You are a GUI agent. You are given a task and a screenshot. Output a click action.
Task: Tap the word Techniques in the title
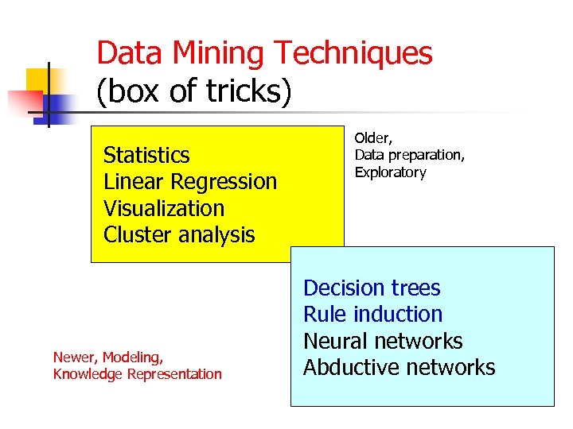point(354,54)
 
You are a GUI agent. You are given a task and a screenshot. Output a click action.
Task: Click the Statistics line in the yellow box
point(146,155)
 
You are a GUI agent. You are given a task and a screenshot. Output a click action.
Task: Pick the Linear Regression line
point(190,181)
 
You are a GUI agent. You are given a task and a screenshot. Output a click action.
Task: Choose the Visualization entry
point(164,208)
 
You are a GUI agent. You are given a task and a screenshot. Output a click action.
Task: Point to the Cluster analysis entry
point(179,235)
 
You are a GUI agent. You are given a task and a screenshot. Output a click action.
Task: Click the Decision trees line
point(372,288)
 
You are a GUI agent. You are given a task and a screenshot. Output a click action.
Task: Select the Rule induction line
point(372,315)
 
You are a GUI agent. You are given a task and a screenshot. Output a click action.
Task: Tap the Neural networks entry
point(383,341)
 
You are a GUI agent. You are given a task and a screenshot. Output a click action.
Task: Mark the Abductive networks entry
point(399,368)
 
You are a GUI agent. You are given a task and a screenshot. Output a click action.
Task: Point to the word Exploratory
point(390,172)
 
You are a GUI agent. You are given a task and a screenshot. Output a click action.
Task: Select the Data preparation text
point(409,156)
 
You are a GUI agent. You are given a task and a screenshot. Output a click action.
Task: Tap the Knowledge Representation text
point(137,374)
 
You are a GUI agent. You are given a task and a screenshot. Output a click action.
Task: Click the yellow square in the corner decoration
point(40,83)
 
